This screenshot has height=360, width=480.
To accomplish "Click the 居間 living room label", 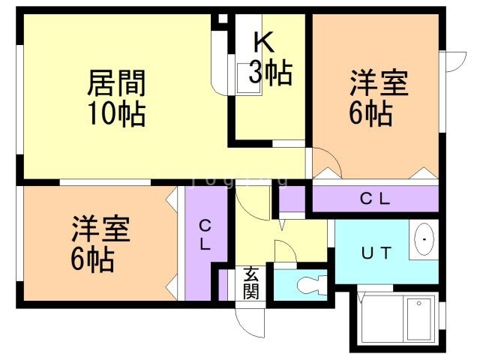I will click(x=116, y=81).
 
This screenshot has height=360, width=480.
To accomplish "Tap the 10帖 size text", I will click(x=116, y=115).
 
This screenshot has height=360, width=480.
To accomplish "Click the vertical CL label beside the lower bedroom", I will click(x=205, y=235).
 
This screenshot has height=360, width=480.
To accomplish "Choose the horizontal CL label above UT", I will click(x=375, y=199).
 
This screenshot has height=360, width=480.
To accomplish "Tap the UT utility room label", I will click(x=377, y=253).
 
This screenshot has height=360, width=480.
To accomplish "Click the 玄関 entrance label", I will click(x=250, y=283).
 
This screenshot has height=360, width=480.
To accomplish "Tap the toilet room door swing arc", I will click(x=286, y=251).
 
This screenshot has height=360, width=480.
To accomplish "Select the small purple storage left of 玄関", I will click(x=223, y=283).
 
